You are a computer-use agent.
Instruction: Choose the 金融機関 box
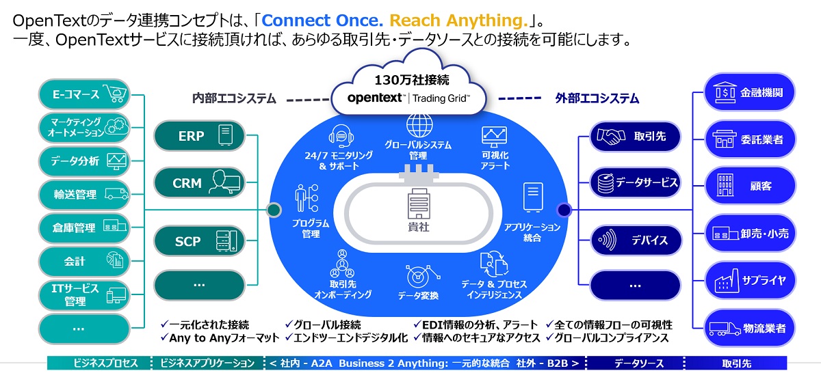749,93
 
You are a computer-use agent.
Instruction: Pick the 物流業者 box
749,328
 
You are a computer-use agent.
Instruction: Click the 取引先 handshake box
636,137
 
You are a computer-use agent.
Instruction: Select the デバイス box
636,240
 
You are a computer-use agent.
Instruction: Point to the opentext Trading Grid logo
408,98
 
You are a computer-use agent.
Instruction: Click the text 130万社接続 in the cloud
408,77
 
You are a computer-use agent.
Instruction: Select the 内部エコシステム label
234,99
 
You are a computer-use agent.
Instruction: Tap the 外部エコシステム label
597,99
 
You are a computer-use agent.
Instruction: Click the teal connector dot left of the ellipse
274,209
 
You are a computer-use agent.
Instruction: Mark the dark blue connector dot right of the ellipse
564,209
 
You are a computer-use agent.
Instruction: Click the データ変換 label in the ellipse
418,296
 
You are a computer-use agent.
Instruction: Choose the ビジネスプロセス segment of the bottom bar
101,363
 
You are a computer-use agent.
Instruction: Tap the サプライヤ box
749,280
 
